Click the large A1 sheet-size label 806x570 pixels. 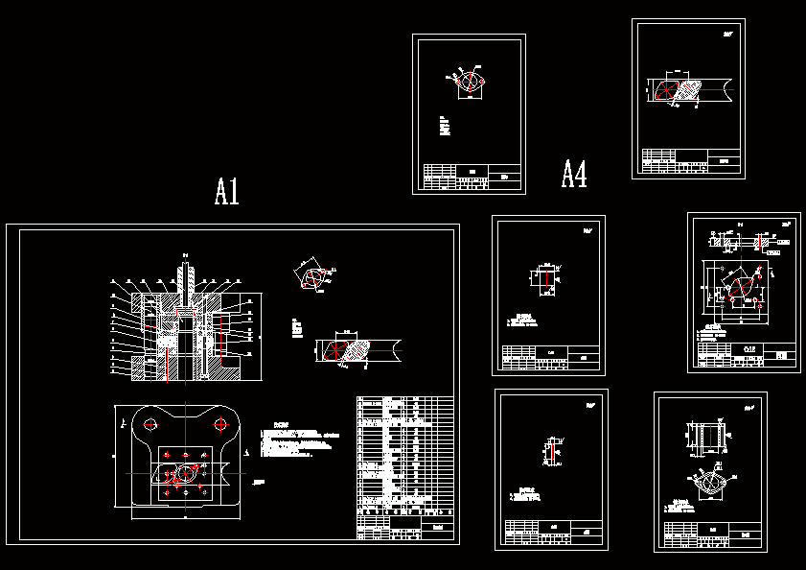click(226, 192)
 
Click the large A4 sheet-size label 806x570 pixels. click(574, 174)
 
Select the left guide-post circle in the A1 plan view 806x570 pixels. click(150, 423)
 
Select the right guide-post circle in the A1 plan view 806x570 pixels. click(221, 423)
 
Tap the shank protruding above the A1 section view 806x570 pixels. click(184, 275)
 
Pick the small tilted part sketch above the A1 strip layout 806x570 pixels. click(312, 276)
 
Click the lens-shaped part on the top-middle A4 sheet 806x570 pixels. click(470, 82)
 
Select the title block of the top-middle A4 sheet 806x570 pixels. click(472, 174)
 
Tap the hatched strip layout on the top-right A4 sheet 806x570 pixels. click(687, 90)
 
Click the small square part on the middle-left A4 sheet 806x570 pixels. click(543, 279)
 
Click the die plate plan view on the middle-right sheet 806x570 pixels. click(736, 285)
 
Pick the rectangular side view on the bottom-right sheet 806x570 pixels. click(709, 438)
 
